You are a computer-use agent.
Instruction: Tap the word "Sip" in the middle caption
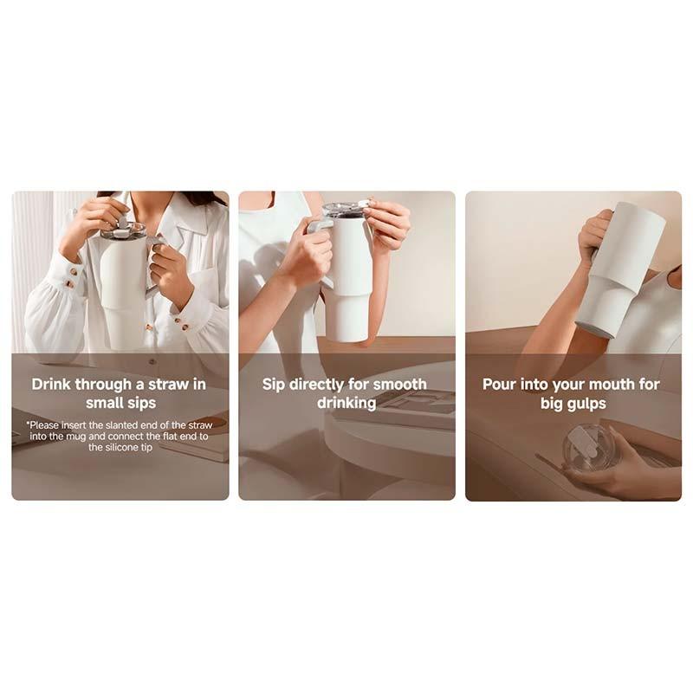[275, 384]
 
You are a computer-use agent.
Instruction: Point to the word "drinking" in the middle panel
[346, 403]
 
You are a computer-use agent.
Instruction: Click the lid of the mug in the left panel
[123, 232]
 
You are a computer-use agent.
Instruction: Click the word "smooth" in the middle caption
[398, 384]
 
